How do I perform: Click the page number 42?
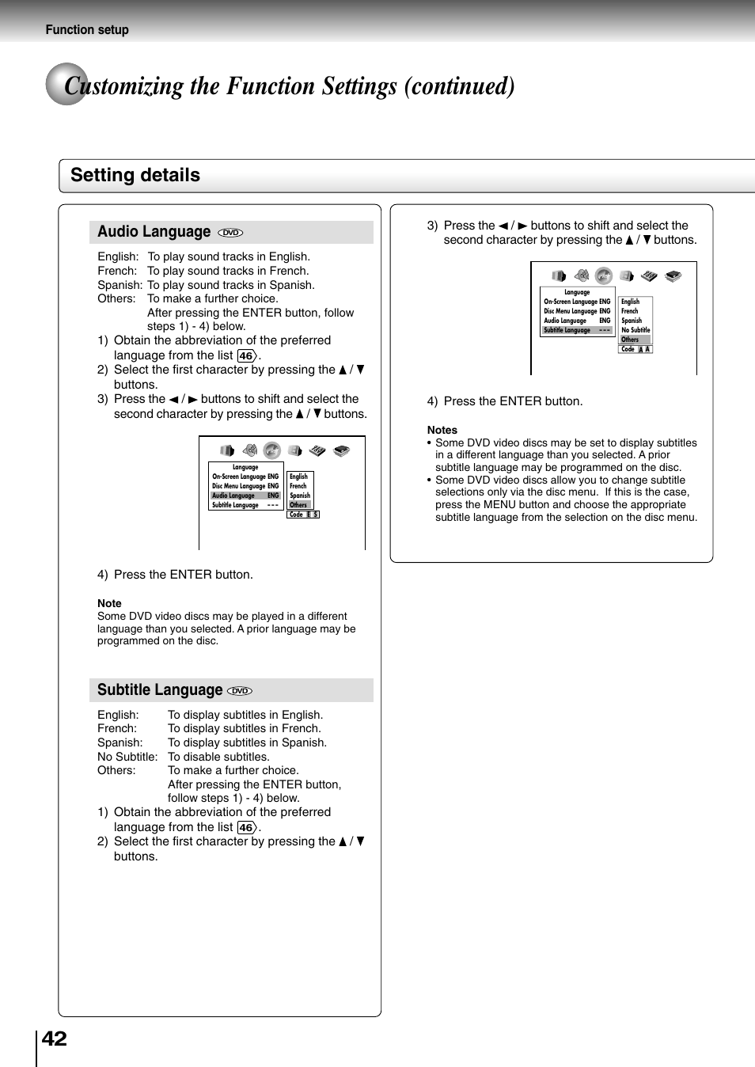[x=54, y=1039]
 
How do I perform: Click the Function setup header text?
[x=87, y=30]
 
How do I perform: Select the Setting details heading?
[x=135, y=176]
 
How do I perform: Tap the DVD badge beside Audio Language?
[x=230, y=233]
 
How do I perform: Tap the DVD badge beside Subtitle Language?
[x=240, y=691]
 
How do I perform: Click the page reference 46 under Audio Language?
[x=247, y=356]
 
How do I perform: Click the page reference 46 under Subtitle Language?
[x=247, y=828]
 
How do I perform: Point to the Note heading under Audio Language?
[x=109, y=603]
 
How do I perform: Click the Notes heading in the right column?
[x=442, y=430]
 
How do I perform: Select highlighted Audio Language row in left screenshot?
[x=245, y=496]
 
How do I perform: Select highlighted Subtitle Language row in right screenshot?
[x=577, y=330]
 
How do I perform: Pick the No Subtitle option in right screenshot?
[x=635, y=330]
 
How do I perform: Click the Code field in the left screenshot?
[x=303, y=515]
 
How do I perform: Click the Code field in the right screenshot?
[x=635, y=349]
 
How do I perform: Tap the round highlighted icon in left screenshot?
[x=272, y=450]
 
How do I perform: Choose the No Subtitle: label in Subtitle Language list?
[x=127, y=757]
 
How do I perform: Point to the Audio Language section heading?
[x=154, y=232]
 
